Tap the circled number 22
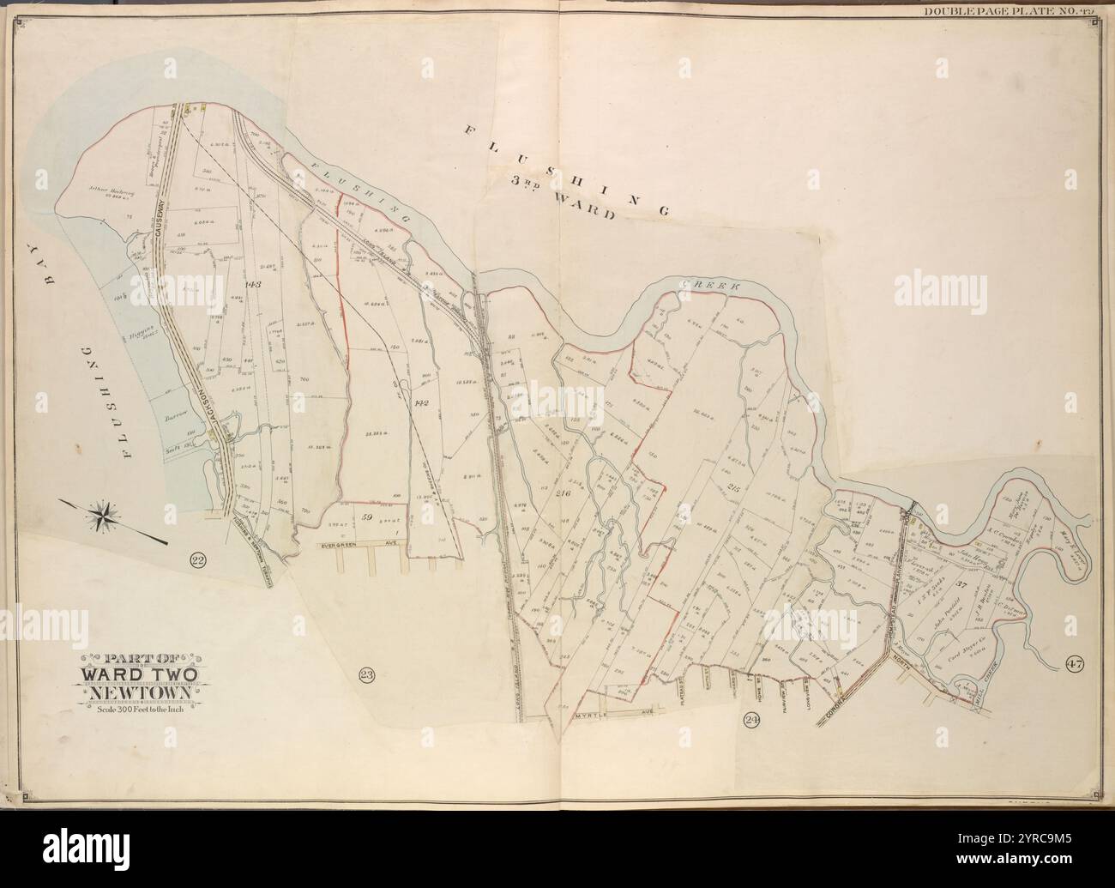coord(198,561)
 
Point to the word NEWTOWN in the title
coord(140,692)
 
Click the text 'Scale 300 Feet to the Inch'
coord(140,709)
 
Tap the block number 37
coord(961,585)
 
